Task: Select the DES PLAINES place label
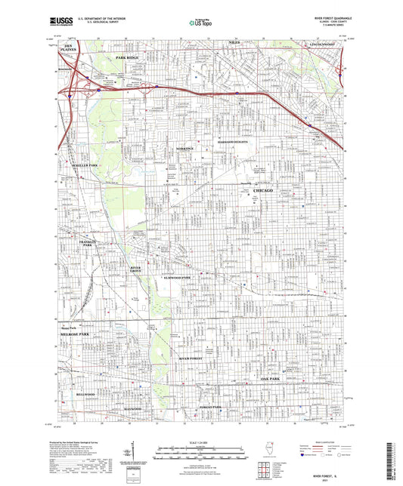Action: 70,48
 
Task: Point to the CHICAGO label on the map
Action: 264,192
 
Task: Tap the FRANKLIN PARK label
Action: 85,244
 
